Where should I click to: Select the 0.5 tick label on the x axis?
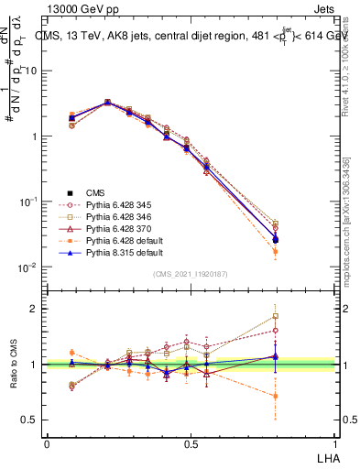pyautogui.click(x=190, y=443)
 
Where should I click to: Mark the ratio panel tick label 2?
pyautogui.click(x=35, y=309)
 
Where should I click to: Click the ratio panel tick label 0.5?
pyautogui.click(x=30, y=420)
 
